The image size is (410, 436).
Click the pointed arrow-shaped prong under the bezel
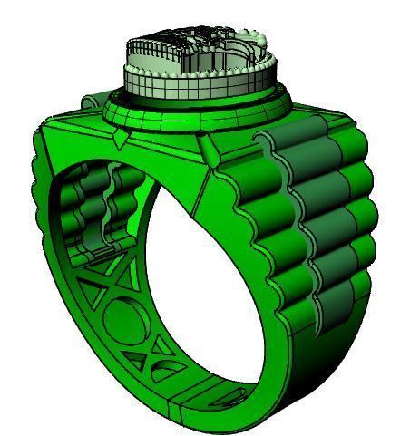coord(122,139)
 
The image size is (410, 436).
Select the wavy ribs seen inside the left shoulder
coord(100,208)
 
